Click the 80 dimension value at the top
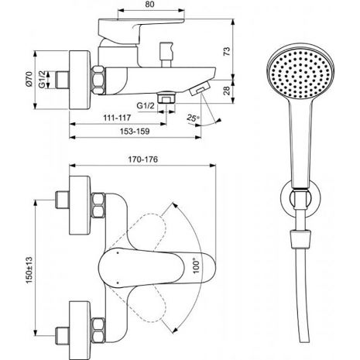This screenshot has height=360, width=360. (149, 5)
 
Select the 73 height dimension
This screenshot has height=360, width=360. (226, 51)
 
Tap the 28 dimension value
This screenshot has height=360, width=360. (226, 91)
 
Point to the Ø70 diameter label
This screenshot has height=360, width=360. (29, 79)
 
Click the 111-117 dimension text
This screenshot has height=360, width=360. (117, 118)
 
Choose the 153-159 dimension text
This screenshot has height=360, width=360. (135, 132)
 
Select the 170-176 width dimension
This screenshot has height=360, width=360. (142, 159)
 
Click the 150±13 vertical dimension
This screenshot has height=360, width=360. (29, 270)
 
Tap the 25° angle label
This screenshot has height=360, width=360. (194, 118)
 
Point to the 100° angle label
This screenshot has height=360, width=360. (196, 263)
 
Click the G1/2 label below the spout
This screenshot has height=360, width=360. (146, 106)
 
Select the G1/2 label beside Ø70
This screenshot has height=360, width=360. (42, 79)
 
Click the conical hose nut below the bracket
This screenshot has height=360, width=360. (301, 239)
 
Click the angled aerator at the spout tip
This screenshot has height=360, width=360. (200, 88)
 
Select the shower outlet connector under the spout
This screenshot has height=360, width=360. (166, 98)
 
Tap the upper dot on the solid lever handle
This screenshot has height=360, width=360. (118, 253)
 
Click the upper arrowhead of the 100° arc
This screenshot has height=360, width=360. (175, 205)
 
